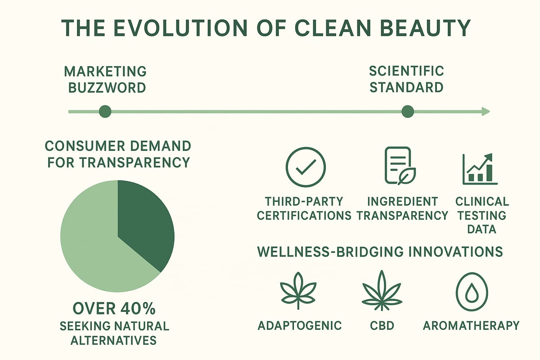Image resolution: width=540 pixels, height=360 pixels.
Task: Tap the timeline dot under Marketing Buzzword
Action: [x=105, y=111]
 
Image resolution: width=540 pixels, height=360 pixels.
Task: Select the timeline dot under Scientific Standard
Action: [x=407, y=111]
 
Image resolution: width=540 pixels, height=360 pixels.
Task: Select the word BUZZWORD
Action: [x=107, y=87]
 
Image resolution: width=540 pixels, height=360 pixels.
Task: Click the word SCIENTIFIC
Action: [x=406, y=71]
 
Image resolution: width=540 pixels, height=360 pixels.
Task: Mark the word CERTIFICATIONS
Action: [x=304, y=215]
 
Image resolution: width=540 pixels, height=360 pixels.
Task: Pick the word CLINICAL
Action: [x=482, y=201]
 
